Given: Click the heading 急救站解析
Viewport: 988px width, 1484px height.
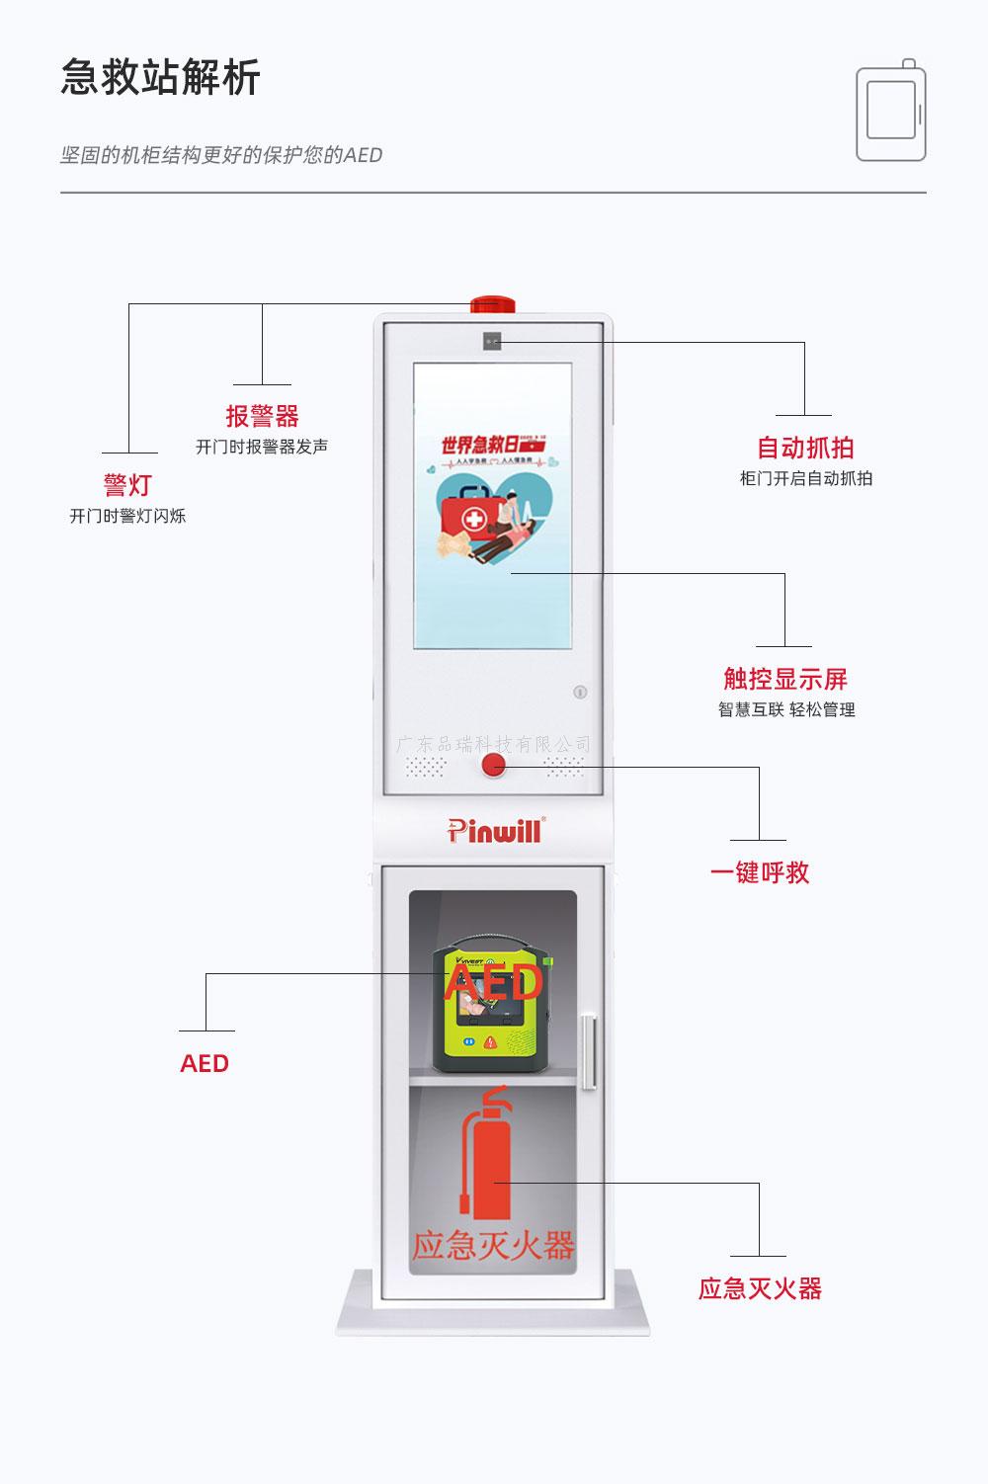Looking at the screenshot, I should tap(160, 78).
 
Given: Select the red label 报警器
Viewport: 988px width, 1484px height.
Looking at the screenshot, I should tap(262, 416).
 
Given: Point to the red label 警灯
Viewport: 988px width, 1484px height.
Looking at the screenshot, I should tap(127, 485).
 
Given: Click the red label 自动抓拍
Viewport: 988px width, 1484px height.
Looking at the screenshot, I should tap(805, 448).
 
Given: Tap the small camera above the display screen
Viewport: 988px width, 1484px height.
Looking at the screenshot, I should tap(492, 342).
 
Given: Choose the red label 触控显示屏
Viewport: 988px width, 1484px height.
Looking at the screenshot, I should tap(785, 679).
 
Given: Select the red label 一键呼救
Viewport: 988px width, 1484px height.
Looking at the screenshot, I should tap(760, 872).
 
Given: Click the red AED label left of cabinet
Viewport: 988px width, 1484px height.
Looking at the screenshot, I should tap(205, 1063).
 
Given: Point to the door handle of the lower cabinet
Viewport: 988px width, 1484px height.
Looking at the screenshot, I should tap(589, 1051).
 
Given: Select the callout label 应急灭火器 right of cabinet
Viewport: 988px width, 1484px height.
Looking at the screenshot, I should tap(760, 1288).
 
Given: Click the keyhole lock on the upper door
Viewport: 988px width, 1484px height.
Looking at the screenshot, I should tap(581, 693).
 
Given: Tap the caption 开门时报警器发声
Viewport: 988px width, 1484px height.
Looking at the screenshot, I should tap(262, 447).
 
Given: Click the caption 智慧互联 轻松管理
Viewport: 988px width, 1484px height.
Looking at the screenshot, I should tap(786, 709).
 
